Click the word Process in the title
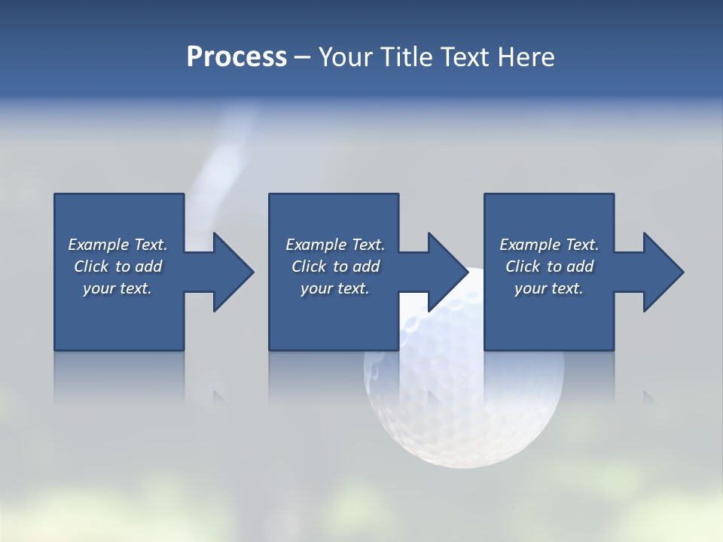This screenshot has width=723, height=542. pos(236,57)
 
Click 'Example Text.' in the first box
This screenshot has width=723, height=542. pos(117,245)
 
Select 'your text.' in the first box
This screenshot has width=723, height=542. pos(117,288)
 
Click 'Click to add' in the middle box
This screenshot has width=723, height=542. pos(335,266)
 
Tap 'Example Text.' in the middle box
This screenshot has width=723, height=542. pos(335,245)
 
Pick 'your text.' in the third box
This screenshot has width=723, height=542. pos(549,288)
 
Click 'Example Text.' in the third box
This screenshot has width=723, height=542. pos(549,245)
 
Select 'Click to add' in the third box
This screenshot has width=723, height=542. pos(549,266)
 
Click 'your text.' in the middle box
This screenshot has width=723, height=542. pos(335,288)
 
